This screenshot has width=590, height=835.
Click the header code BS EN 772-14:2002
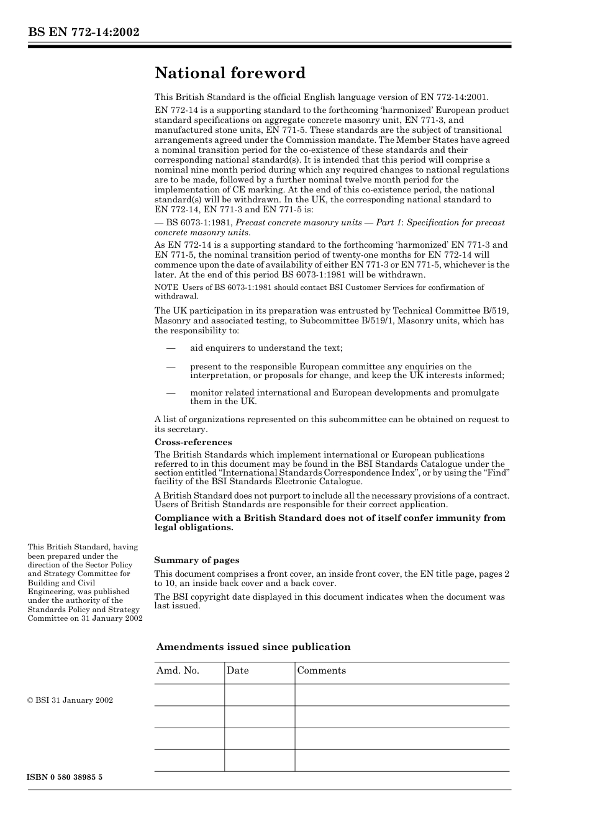[83, 32]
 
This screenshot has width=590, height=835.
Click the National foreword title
[230, 73]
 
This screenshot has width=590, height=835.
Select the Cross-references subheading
[193, 442]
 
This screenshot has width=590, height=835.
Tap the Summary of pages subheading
[197, 560]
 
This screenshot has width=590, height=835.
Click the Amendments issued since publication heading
[253, 647]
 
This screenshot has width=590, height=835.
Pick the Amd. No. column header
[178, 670]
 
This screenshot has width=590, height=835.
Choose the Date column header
[237, 670]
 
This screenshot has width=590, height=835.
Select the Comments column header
[321, 670]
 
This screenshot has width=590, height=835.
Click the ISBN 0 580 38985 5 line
[65, 777]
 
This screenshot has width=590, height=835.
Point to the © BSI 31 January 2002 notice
[70, 700]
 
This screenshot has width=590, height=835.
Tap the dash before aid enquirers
[171, 348]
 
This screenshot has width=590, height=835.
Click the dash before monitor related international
[171, 393]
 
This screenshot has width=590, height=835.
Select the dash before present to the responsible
[171, 367]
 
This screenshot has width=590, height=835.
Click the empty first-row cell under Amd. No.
[189, 695]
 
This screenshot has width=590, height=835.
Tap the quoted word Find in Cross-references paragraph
[497, 473]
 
